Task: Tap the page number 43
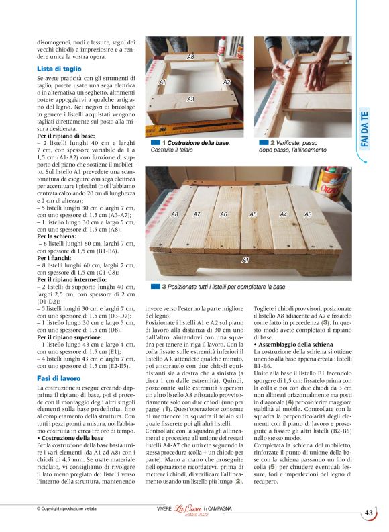tap(368, 513)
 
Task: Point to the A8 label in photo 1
tap(190, 58)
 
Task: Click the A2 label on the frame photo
tap(227, 82)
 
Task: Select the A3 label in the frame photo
tap(190, 99)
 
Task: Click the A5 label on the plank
tap(253, 214)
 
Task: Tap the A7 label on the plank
tap(197, 214)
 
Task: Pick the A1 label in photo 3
tap(245, 259)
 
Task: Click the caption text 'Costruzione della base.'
tap(197, 143)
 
